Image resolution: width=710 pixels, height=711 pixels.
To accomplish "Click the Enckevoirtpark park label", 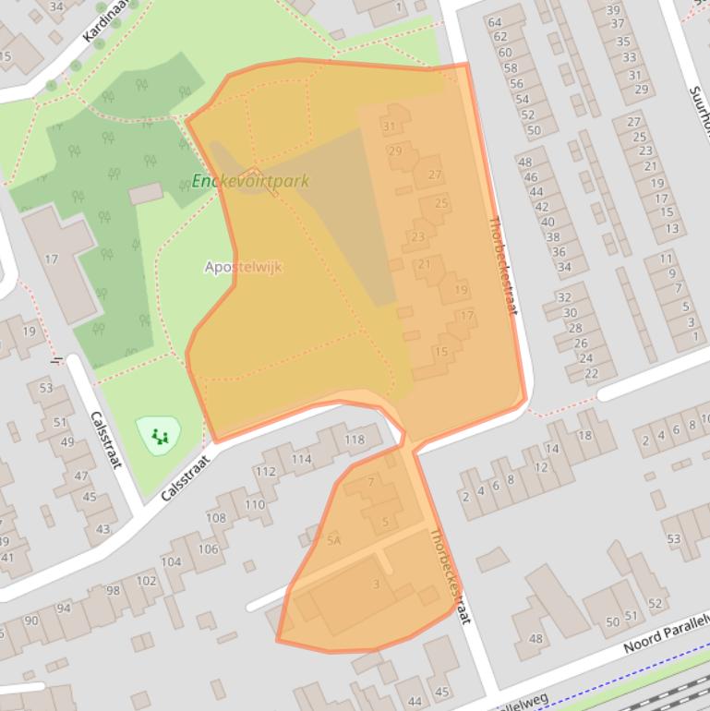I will coord(250,182).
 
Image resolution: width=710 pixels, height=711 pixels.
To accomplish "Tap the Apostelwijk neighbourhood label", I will coord(243,267).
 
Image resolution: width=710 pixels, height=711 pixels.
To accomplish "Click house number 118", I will coord(355,440).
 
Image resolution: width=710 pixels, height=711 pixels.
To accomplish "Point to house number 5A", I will coord(334,540).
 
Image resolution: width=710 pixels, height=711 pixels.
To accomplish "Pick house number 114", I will coord(301,459).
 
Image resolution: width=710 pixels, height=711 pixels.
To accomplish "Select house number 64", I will coord(495,22).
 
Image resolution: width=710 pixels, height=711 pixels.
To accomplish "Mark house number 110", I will coord(255,504).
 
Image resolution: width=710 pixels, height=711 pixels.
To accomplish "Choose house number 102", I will coord(146,581).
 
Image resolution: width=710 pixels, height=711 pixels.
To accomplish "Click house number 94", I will coord(63,609).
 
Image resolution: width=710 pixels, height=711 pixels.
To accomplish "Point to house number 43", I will coord(102,529).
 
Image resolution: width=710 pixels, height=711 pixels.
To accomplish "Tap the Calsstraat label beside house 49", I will coord(106,440).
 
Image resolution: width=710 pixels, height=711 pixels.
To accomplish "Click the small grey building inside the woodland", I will coord(145,194).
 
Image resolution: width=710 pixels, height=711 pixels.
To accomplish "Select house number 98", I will coord(113,591).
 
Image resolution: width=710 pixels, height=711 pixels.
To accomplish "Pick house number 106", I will coord(208,549).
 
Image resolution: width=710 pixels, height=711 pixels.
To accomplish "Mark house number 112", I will coord(265,472).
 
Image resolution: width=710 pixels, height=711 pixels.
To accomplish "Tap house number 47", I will coord(82,476).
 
